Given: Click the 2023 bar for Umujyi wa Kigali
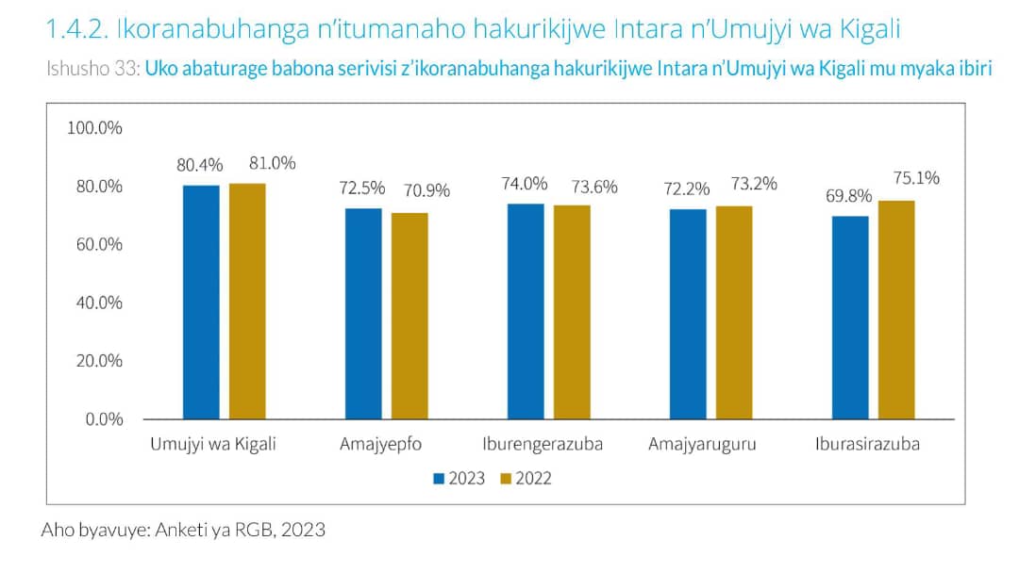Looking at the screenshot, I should click(201, 302).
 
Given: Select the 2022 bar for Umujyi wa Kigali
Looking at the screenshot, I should click(247, 301).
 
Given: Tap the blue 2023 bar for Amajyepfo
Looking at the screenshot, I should click(363, 313).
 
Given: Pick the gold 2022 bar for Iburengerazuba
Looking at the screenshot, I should click(572, 311).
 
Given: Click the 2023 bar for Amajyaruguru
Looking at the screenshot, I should click(688, 314).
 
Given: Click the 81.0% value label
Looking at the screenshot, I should click(272, 163).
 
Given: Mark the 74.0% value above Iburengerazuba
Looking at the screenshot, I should click(526, 184).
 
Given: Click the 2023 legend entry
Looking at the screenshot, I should click(459, 479).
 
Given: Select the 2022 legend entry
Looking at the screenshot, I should click(526, 479).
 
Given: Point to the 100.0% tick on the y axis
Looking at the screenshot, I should click(95, 128).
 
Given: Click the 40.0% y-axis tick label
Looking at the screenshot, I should click(99, 303).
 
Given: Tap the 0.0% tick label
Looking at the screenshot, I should click(103, 418).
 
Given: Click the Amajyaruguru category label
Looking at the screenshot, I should click(702, 445).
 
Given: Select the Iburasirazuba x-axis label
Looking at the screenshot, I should click(867, 445).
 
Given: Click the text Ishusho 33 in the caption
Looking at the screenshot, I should click(92, 71).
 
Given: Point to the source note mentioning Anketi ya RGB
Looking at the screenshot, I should click(183, 530).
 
